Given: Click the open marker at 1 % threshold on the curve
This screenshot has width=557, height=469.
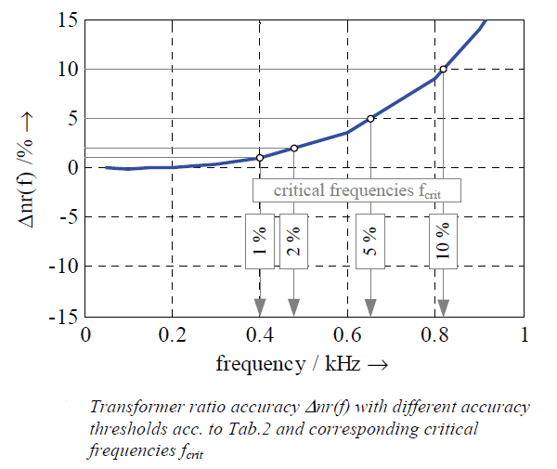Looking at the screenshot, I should click(x=260, y=158).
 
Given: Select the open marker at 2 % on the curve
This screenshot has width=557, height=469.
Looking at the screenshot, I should click(x=294, y=149).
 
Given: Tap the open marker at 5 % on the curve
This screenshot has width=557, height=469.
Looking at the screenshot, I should click(x=370, y=119).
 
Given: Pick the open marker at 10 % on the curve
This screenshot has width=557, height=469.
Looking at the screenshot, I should click(x=444, y=69).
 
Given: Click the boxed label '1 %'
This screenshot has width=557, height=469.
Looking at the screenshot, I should click(x=260, y=241).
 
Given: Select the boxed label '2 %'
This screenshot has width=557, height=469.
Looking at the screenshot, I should click(x=294, y=241).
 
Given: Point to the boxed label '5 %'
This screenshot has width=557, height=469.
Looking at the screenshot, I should click(x=370, y=241).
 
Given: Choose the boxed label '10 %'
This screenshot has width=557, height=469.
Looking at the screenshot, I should click(x=444, y=241).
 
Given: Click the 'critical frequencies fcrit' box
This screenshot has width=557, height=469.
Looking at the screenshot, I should click(x=356, y=190).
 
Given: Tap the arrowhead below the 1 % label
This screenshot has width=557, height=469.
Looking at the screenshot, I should click(x=260, y=307).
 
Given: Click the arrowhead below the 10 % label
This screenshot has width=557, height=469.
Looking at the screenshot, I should click(x=444, y=307).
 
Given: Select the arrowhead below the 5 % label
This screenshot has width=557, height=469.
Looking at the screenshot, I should click(x=370, y=307).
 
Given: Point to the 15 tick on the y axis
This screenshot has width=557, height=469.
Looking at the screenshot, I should click(x=66, y=20).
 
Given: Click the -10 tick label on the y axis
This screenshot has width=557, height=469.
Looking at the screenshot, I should click(x=61, y=266).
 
